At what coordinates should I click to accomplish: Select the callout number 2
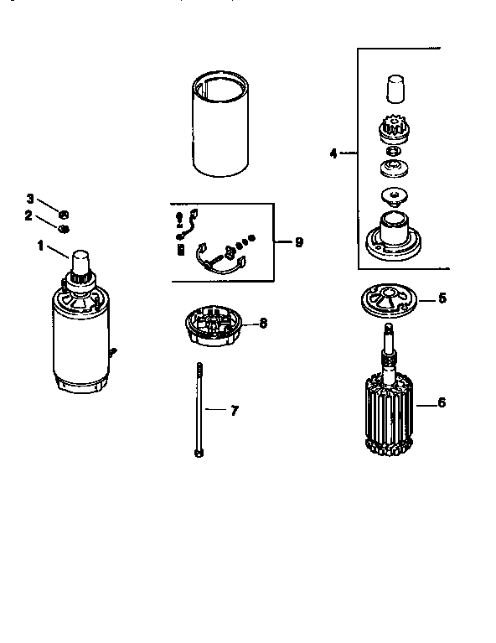(28, 215)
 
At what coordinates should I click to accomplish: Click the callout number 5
(443, 297)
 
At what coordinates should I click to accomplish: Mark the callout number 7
(234, 410)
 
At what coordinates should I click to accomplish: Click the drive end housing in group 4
(393, 235)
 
